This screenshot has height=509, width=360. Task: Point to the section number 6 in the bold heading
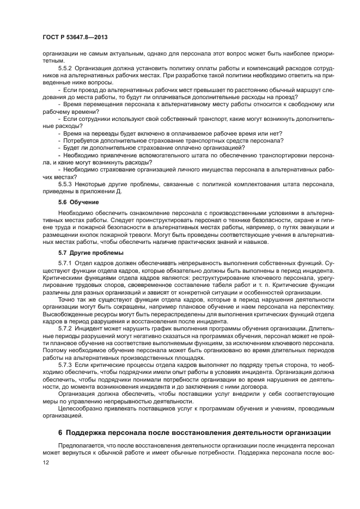[60, 433]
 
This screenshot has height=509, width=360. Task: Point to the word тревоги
[126, 235]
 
